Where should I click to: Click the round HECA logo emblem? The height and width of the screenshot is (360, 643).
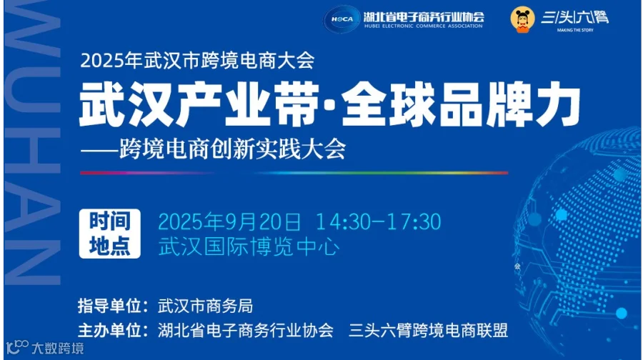tap(342, 19)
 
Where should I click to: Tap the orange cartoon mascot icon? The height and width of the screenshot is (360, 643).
tap(524, 19)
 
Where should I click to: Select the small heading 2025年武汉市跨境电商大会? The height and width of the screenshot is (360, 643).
tap(197, 60)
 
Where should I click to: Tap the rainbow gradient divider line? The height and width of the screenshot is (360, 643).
tap(294, 173)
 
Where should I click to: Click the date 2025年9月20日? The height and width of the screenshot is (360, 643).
tap(230, 221)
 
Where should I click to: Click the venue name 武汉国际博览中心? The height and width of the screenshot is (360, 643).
tap(249, 246)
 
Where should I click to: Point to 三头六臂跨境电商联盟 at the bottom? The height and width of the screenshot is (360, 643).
tap(428, 331)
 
